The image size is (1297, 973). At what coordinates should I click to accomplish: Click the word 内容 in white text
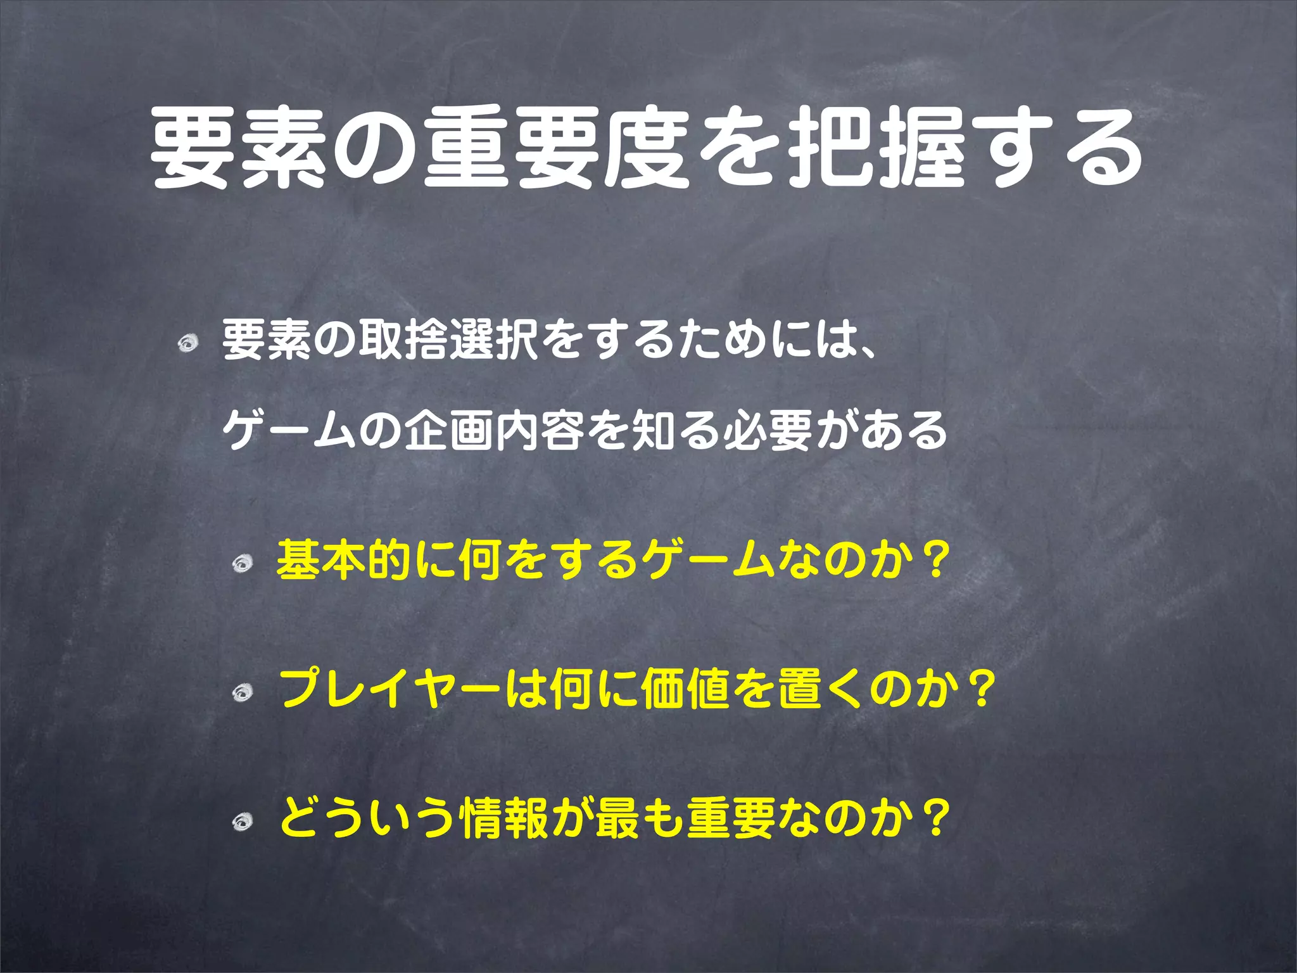pyautogui.click(x=540, y=430)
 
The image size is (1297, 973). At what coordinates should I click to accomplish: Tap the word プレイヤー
pyautogui.click(x=391, y=689)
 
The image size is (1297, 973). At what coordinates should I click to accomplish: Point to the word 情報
pyautogui.click(x=505, y=818)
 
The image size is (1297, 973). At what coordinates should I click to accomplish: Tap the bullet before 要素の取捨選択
pyautogui.click(x=187, y=344)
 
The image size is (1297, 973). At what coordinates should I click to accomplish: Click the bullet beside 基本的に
pyautogui.click(x=242, y=563)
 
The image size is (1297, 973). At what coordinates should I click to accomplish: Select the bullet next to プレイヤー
pyautogui.click(x=242, y=693)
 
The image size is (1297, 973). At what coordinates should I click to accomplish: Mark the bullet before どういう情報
pyautogui.click(x=242, y=822)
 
